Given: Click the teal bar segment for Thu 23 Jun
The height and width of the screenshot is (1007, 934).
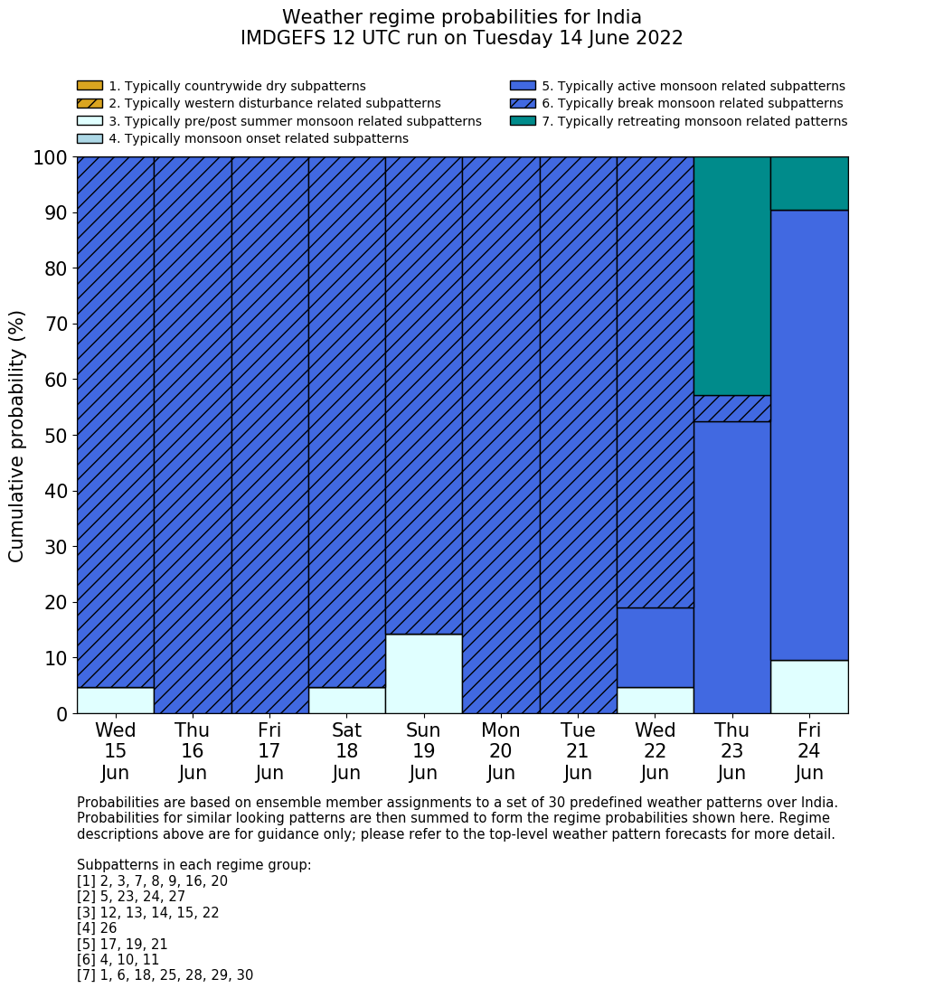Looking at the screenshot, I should (x=731, y=276).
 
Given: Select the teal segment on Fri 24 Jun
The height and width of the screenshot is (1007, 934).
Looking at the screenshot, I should (x=809, y=184).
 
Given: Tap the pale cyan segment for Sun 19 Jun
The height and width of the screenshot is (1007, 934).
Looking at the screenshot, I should (x=423, y=673).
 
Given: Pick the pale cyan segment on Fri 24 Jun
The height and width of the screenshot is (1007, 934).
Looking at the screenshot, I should (x=809, y=686).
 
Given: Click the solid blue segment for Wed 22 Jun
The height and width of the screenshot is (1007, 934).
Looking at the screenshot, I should (x=655, y=647).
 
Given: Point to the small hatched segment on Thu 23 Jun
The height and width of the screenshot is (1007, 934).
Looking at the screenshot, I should (x=731, y=409).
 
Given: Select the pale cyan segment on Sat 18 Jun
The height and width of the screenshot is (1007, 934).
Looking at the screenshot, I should (x=346, y=700).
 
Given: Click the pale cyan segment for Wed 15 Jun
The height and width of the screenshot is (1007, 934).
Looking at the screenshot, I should (x=115, y=700).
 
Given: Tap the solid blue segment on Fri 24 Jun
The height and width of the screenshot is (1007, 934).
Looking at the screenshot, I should (x=809, y=435).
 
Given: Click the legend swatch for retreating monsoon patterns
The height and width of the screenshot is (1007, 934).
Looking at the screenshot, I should (x=523, y=121).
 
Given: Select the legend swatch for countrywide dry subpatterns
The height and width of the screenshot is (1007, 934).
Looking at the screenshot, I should (x=90, y=86).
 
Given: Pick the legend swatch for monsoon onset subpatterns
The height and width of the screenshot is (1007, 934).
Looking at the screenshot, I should (x=90, y=138).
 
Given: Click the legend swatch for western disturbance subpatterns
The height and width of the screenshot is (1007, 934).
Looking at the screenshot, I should (x=90, y=103).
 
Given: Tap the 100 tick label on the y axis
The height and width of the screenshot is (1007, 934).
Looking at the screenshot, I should (x=51, y=158).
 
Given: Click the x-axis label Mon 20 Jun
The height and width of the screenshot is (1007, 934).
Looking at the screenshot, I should (x=501, y=751).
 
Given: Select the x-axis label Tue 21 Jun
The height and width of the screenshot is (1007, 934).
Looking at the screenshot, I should (x=578, y=751).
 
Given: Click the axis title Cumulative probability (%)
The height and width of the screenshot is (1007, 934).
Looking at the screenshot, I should (x=17, y=436).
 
